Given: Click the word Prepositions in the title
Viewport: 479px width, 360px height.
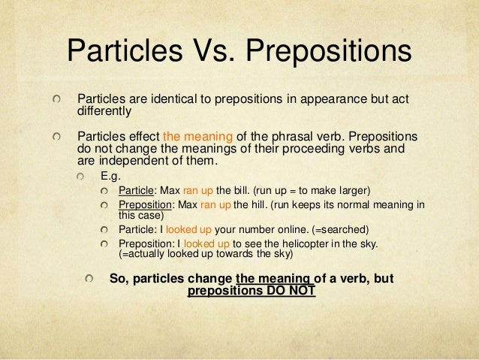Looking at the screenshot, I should (328, 51).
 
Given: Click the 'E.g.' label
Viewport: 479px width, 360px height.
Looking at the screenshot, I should (110, 175).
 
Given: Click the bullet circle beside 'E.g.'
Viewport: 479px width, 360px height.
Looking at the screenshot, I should (91, 175).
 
